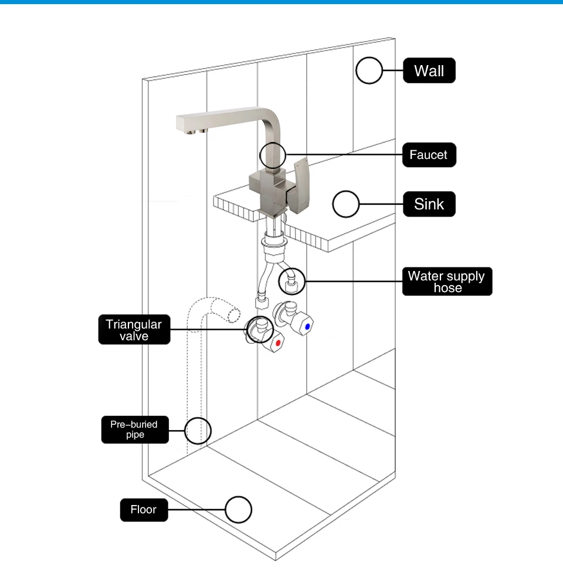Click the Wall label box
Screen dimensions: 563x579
click(429, 70)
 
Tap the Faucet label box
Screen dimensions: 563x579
click(429, 155)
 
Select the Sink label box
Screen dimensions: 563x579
click(429, 204)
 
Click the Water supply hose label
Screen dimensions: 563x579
click(447, 282)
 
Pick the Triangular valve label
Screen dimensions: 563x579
click(134, 329)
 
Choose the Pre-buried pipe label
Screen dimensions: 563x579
click(135, 429)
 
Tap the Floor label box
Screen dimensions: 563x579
click(144, 510)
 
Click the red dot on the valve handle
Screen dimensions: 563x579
click(279, 343)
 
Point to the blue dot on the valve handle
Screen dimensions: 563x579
click(307, 327)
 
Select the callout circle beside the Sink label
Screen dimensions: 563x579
click(333, 204)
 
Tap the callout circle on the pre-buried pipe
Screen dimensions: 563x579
click(185, 431)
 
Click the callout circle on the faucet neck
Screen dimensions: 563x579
click(260, 155)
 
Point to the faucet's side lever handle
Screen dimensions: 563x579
click(300, 185)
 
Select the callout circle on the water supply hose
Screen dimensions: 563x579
click(279, 282)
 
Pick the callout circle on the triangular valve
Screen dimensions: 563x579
click(247, 329)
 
